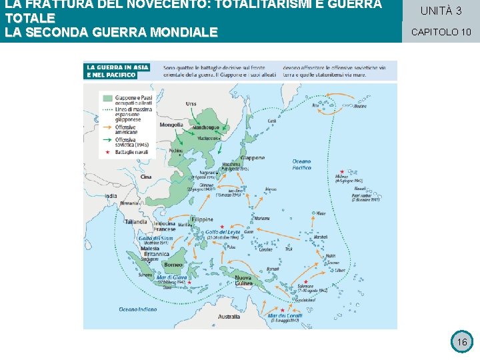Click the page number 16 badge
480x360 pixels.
pos(461,342)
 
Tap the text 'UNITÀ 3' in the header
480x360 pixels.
pos(441,11)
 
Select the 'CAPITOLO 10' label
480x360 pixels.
pos(441,31)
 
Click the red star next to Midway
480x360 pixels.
pos(342,171)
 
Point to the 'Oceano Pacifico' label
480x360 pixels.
pos(301,164)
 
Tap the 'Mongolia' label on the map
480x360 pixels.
pos(171,125)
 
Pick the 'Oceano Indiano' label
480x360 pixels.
pos(137,309)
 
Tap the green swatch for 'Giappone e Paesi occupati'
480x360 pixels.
pos(107,97)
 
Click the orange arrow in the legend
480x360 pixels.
pos(107,126)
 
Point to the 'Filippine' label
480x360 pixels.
pos(202,219)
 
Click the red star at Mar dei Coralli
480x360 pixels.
pos(282,309)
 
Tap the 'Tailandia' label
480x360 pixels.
pos(135,221)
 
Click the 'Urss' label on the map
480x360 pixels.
pos(191,103)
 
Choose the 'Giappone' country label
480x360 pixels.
pos(252,158)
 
